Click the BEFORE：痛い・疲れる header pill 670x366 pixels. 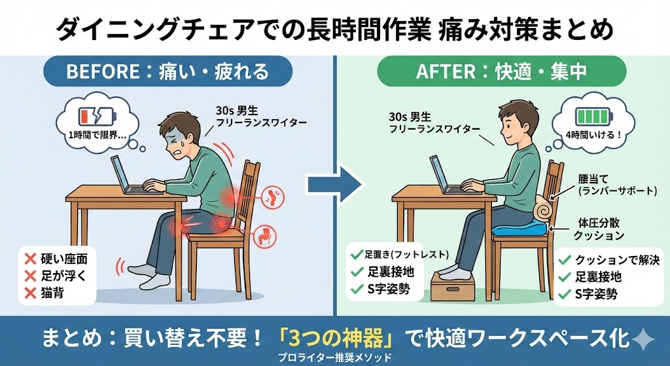tap(168, 71)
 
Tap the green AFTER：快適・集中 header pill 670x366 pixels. tap(501, 71)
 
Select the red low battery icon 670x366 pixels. tap(97, 117)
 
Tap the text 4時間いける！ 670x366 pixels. tap(593, 134)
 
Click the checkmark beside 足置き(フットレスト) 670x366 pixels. tap(356, 255)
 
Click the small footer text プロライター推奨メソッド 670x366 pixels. tap(334, 357)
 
